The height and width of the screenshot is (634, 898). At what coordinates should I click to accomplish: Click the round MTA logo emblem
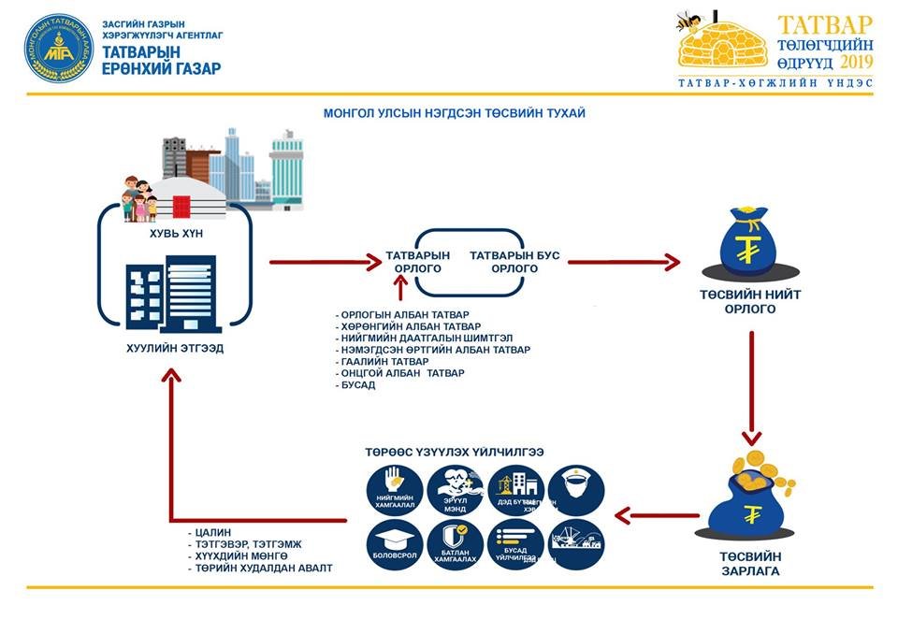55,48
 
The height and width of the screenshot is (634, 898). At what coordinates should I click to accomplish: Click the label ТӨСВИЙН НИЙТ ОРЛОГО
750,301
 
